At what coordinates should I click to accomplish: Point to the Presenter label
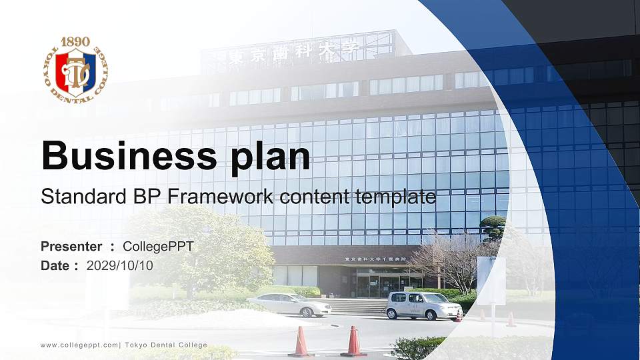click(x=71, y=247)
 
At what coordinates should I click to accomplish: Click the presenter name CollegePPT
click(x=158, y=247)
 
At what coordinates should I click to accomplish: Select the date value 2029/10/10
click(x=120, y=265)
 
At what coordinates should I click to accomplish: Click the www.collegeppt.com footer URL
click(x=79, y=345)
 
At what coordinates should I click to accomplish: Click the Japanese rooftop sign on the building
click(x=293, y=51)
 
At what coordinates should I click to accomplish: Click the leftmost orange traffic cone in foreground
click(x=301, y=342)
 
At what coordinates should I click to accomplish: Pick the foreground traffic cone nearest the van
click(x=353, y=341)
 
